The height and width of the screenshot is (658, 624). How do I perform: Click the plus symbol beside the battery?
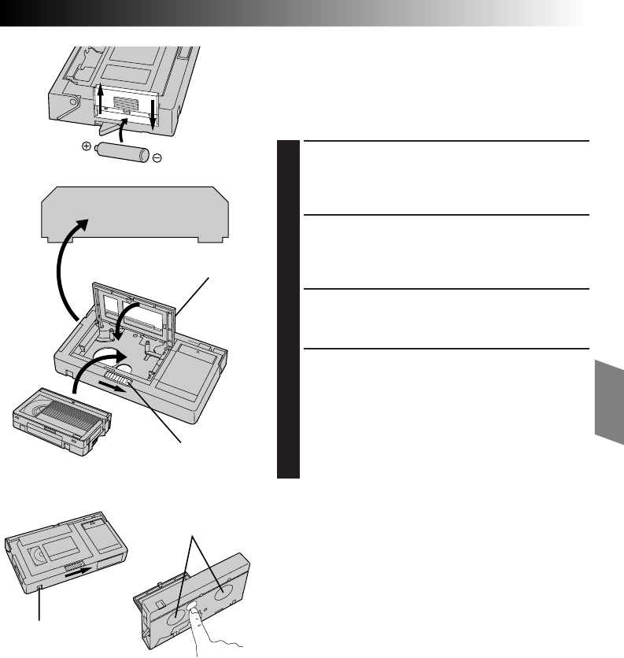point(87,147)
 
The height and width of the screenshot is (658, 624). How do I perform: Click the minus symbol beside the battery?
point(157,158)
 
